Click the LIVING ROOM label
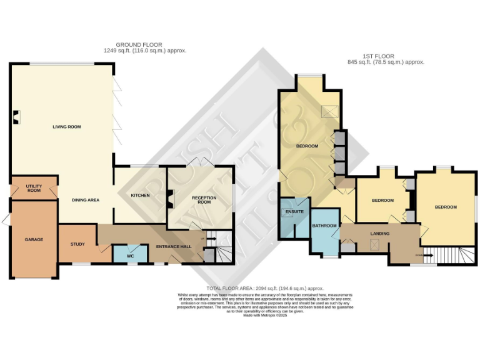66,127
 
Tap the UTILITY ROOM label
34,188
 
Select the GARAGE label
34,239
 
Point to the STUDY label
77,244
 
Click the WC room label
131,256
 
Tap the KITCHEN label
140,196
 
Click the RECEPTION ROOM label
203,200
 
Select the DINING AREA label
85,200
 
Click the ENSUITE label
294,212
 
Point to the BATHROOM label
324,226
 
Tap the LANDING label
380,234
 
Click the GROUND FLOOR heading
139,45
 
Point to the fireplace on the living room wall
16,116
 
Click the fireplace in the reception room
170,199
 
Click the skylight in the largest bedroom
329,111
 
